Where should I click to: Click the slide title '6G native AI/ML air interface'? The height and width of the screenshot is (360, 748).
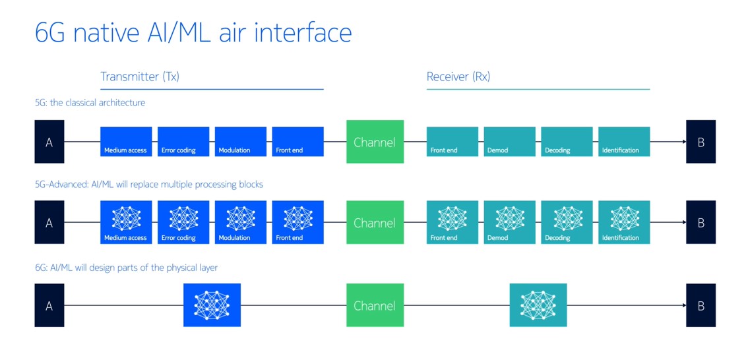(x=193, y=32)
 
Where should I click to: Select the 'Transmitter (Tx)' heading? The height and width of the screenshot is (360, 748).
(x=140, y=76)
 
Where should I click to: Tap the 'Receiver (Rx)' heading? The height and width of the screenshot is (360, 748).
(x=458, y=76)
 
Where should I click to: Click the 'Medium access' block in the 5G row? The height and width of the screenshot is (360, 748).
(x=126, y=142)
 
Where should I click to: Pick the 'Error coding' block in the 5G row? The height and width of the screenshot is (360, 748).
(x=183, y=142)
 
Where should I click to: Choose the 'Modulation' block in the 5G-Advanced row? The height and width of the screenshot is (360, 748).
(x=241, y=222)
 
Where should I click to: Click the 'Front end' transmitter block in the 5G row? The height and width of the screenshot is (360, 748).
(x=297, y=142)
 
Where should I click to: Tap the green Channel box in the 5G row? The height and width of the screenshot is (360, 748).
(x=375, y=142)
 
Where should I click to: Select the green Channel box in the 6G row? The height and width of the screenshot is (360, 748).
(x=375, y=305)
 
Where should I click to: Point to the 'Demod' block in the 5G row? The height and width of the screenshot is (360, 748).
(x=509, y=142)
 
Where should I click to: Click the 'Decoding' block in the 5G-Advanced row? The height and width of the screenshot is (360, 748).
(x=567, y=222)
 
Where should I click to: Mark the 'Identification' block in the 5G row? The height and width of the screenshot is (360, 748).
(x=624, y=142)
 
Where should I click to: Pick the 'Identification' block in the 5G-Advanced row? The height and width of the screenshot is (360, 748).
(x=624, y=222)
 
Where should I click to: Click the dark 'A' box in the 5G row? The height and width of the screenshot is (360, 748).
(x=49, y=142)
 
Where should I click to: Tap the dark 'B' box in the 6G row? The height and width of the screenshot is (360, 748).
(x=701, y=305)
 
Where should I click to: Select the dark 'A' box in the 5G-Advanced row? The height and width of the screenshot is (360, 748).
(x=49, y=222)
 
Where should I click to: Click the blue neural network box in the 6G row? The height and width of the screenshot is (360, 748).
(x=212, y=305)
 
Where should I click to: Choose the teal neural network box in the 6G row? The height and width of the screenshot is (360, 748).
(x=538, y=305)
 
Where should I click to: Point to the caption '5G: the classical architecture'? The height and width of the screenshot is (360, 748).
(x=90, y=103)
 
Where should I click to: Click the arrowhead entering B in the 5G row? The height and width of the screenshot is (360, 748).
(x=683, y=142)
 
